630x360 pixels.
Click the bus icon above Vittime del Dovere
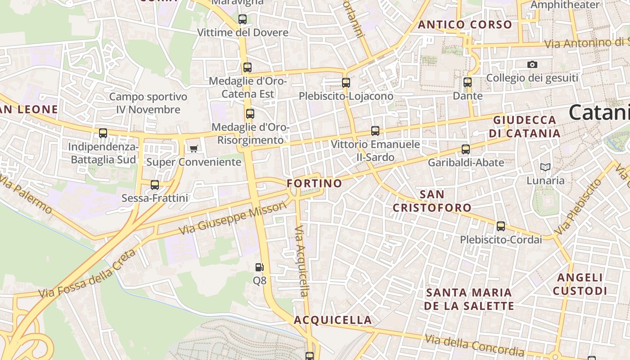(243, 19)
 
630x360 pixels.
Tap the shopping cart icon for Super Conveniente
(193, 148)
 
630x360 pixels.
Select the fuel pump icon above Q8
(259, 267)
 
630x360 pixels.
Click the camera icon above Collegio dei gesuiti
(532, 65)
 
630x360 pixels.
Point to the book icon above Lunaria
(545, 167)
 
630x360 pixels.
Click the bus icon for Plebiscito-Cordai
(500, 226)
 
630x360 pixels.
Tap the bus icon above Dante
(468, 82)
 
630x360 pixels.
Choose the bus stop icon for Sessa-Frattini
(155, 184)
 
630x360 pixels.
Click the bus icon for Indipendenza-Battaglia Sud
(103, 133)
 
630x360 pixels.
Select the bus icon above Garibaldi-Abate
(466, 149)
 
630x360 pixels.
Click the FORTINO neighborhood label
(315, 184)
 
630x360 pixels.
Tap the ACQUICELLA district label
(333, 320)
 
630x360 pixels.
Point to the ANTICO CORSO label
(465, 25)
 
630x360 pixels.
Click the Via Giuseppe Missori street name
(232, 218)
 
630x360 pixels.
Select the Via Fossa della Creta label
(87, 274)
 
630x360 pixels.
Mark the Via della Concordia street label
(474, 345)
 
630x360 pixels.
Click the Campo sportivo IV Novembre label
(148, 103)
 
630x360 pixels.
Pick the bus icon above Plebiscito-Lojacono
(346, 83)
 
